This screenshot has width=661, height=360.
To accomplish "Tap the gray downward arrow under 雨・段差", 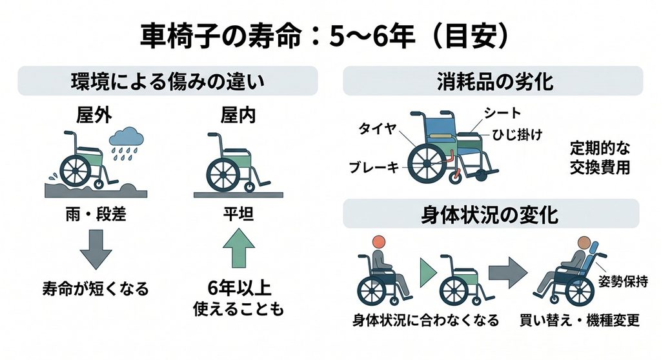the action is pyautogui.click(x=96, y=249).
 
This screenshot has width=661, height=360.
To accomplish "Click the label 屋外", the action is pyautogui.click(x=94, y=115).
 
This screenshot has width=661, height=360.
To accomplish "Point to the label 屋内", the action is pyautogui.click(x=238, y=115).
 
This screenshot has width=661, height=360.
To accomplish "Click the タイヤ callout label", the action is pyautogui.click(x=378, y=128).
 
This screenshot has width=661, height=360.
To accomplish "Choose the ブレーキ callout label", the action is pyautogui.click(x=374, y=167).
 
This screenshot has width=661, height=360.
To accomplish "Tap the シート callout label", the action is pyautogui.click(x=502, y=113).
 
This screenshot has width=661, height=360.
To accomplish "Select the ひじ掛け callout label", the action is pyautogui.click(x=517, y=135).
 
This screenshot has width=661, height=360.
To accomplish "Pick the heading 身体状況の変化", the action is pyautogui.click(x=490, y=215).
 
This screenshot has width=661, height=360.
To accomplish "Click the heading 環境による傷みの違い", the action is pyautogui.click(x=167, y=81).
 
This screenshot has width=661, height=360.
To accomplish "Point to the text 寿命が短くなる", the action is pyautogui.click(x=96, y=289).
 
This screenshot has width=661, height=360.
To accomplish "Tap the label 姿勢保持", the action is pyautogui.click(x=623, y=281).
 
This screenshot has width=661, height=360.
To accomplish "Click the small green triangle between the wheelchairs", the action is pyautogui.click(x=428, y=273).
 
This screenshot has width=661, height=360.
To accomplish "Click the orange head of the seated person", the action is pyautogui.click(x=379, y=242).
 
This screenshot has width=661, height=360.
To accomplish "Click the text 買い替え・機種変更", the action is pyautogui.click(x=580, y=321).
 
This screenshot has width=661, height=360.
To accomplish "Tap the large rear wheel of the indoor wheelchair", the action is pyautogui.click(x=223, y=175).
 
